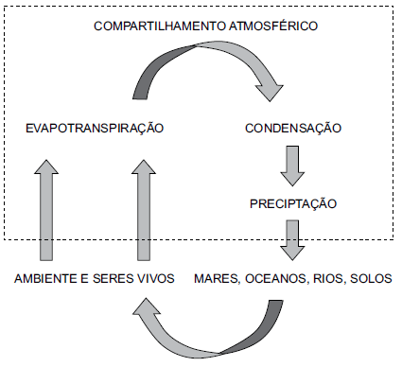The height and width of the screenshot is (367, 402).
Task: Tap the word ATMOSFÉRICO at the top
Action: (271, 24)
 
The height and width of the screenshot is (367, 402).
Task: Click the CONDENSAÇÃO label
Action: (292, 128)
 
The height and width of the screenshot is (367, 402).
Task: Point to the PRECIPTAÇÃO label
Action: (292, 203)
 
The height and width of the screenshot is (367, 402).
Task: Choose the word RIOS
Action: (328, 280)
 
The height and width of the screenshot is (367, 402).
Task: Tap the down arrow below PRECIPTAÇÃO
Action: (292, 240)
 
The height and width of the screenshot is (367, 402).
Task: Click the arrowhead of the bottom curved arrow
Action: (147, 312)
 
